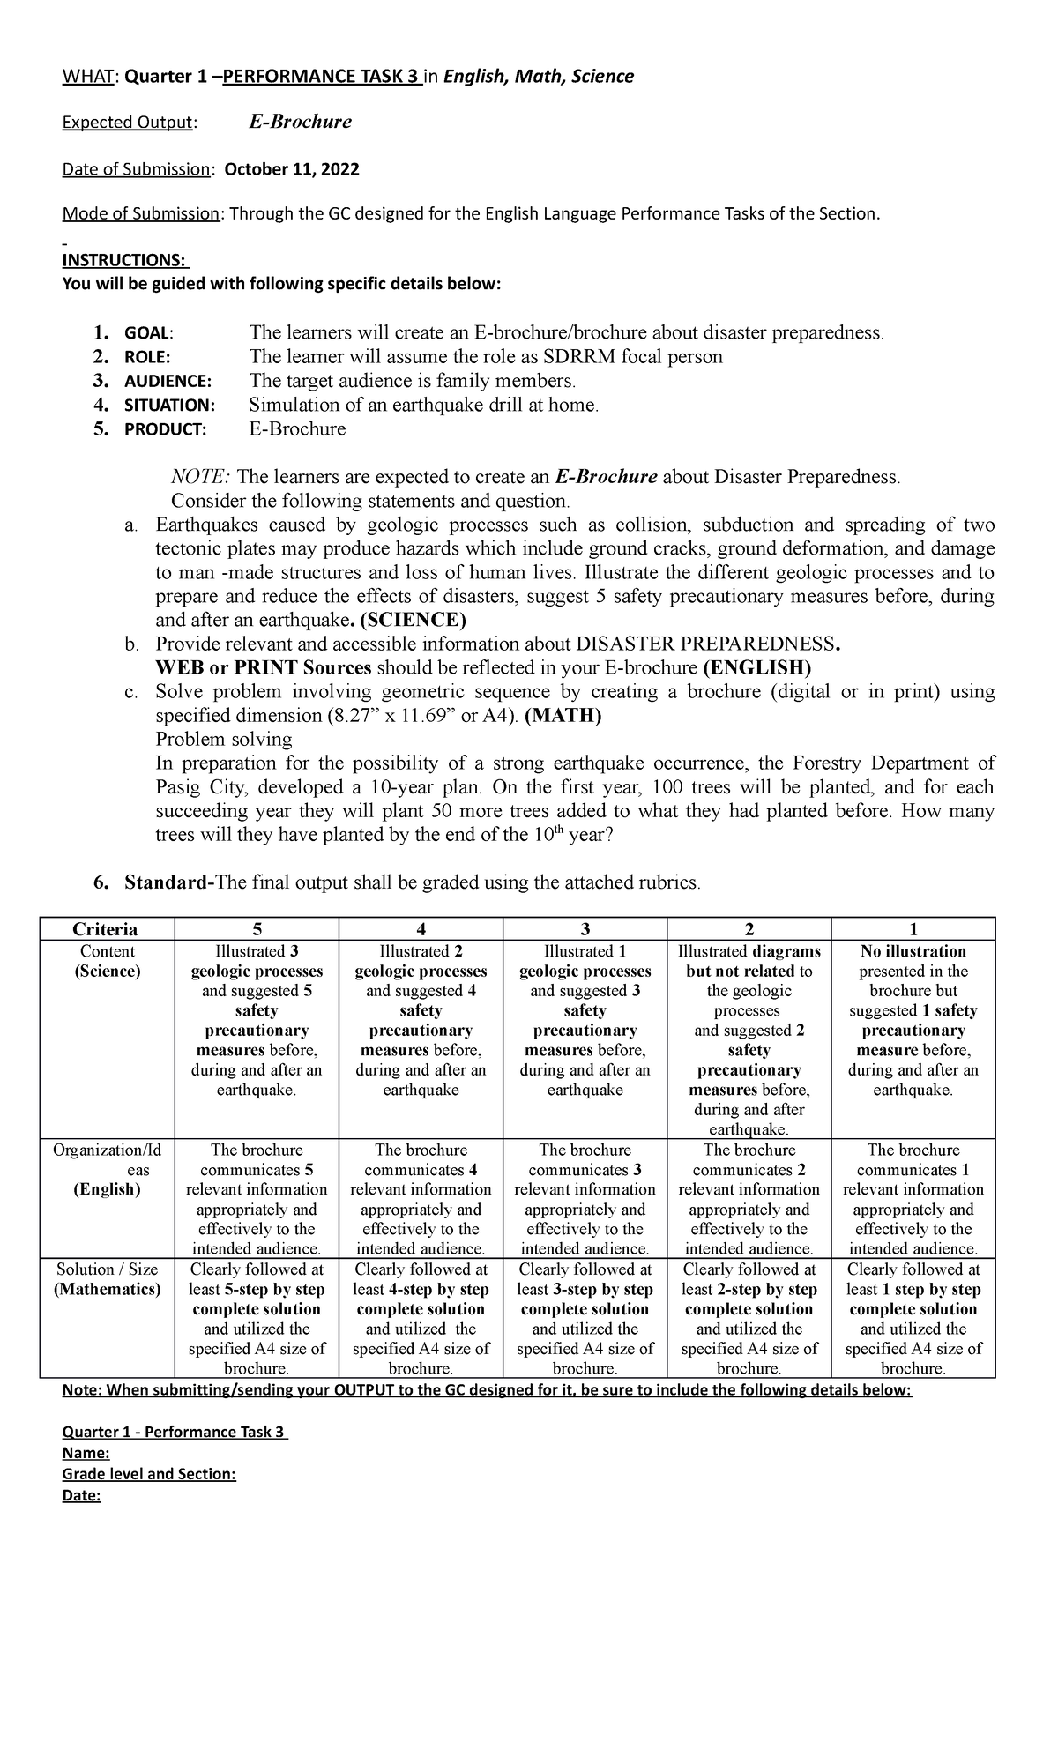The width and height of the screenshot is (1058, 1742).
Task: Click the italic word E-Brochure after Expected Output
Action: click(x=300, y=123)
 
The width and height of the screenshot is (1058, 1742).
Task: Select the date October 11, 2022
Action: click(x=292, y=169)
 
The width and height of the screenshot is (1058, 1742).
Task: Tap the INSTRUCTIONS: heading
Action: click(x=124, y=260)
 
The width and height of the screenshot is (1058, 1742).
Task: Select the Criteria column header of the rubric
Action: click(x=105, y=929)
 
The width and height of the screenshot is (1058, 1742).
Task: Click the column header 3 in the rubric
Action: click(x=585, y=929)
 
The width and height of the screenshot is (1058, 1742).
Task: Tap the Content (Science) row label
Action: click(x=108, y=962)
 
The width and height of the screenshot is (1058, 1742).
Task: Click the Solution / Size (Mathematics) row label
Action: click(x=108, y=1279)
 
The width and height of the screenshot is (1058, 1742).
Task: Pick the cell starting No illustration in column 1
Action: click(x=913, y=1021)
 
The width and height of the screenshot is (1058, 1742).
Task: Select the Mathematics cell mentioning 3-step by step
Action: click(x=585, y=1319)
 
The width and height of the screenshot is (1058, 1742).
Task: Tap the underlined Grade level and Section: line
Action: click(x=149, y=1474)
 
